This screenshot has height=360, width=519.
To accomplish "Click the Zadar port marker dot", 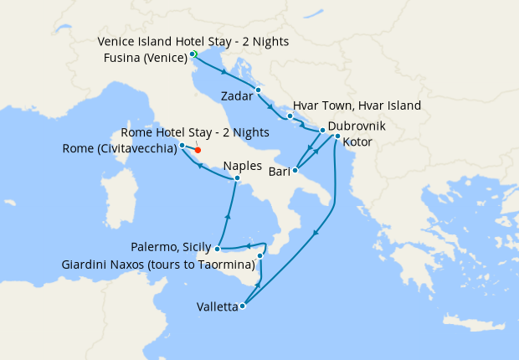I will pyautogui.click(x=259, y=90).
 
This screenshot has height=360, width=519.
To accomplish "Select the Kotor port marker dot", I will pyautogui.click(x=337, y=136).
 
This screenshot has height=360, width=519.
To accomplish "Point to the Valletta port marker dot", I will pyautogui.click(x=242, y=306).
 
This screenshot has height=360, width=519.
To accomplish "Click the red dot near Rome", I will pyautogui.click(x=198, y=150).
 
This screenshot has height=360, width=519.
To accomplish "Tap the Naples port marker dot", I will pyautogui.click(x=237, y=177).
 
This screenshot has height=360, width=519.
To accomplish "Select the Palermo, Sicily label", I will pyautogui.click(x=172, y=248).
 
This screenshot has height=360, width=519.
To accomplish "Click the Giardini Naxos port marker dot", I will pyautogui.click(x=260, y=255).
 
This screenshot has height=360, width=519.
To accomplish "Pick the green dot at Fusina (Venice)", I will pyautogui.click(x=193, y=54).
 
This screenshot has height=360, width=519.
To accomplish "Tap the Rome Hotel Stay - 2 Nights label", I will pyautogui.click(x=195, y=132).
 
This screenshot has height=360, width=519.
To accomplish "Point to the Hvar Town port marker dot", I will pyautogui.click(x=289, y=116).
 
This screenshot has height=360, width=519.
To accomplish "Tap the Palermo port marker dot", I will pyautogui.click(x=218, y=249).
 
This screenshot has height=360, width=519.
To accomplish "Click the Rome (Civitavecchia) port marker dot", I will pyautogui.click(x=182, y=146).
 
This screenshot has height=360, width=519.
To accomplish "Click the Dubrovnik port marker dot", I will pyautogui.click(x=322, y=131).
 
